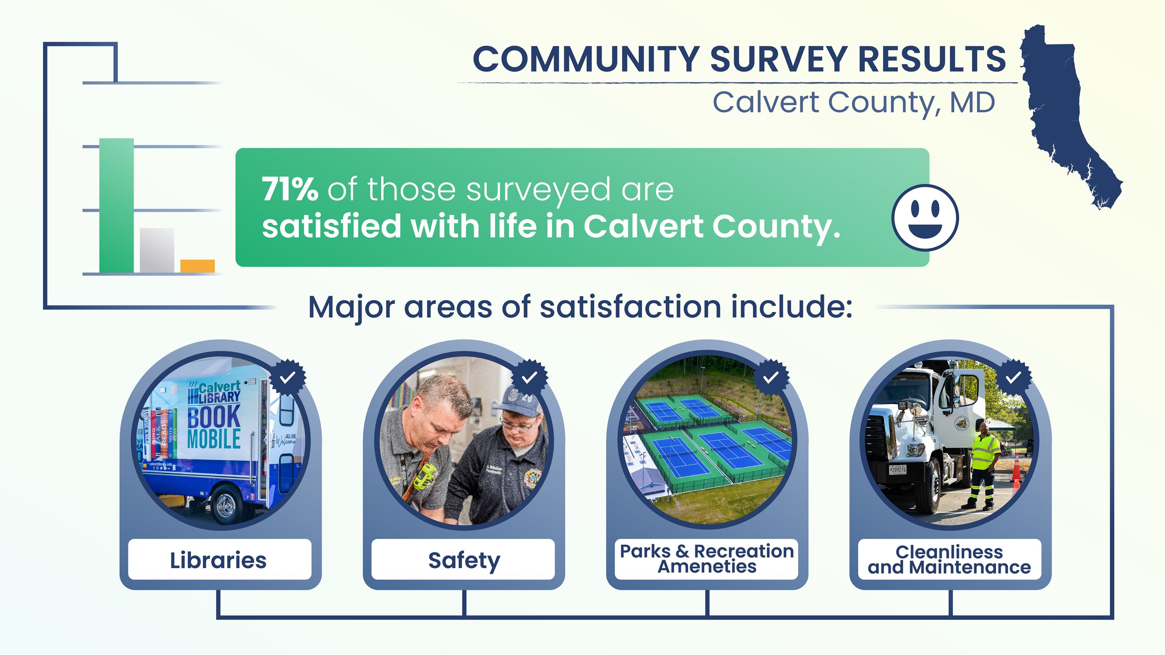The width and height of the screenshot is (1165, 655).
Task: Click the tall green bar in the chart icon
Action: [x=116, y=206]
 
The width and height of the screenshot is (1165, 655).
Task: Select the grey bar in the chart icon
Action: [x=156, y=250]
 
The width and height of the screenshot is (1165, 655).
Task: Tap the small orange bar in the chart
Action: [x=197, y=266]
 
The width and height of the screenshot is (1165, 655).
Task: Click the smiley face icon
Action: [x=925, y=217]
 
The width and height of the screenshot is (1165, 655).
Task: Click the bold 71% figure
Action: [x=290, y=190]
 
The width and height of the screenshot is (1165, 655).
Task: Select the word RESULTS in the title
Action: [x=931, y=59]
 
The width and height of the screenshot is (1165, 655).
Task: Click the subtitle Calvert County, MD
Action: [x=854, y=103]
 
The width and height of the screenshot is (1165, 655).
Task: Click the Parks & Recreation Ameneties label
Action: [x=707, y=559]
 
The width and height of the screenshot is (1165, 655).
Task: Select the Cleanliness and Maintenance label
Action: [x=949, y=560]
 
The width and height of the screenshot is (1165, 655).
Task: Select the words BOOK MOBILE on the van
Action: [x=213, y=427]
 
